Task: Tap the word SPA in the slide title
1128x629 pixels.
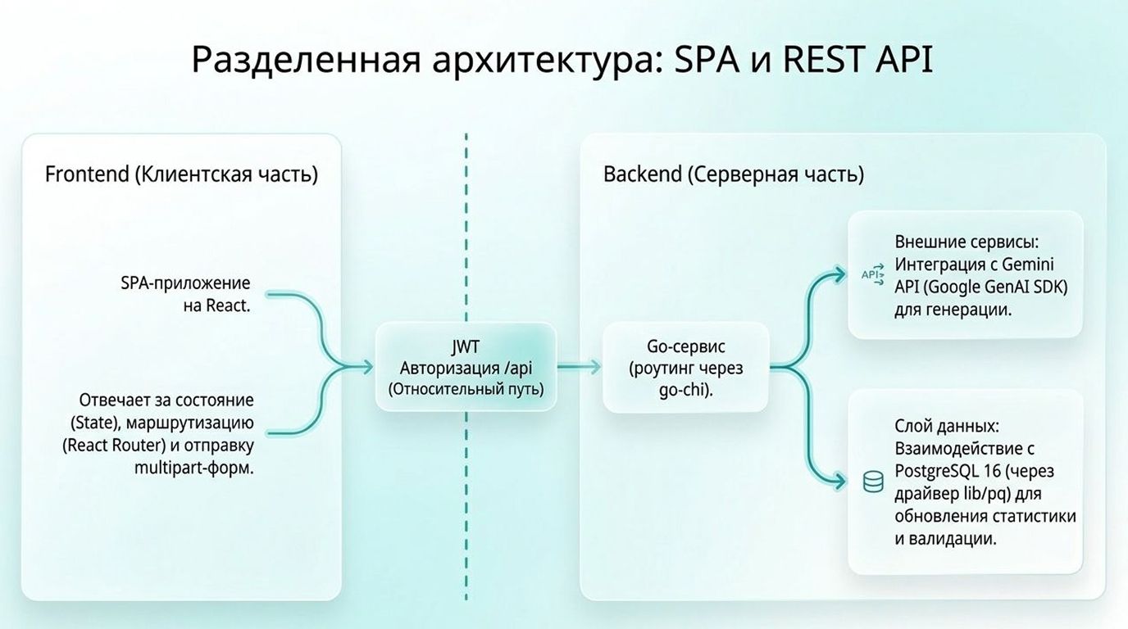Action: click(707, 60)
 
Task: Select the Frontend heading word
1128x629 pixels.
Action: click(87, 174)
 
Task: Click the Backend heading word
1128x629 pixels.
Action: click(643, 174)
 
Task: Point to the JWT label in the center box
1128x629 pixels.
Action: click(466, 346)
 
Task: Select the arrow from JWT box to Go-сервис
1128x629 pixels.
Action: click(579, 368)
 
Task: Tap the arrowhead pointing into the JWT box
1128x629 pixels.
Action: click(366, 368)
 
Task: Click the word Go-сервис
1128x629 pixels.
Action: click(686, 346)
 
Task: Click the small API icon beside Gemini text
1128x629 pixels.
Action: click(873, 274)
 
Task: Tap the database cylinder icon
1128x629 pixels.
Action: click(873, 482)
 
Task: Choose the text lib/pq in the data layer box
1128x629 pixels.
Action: click(987, 494)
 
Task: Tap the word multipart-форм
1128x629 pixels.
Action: click(193, 468)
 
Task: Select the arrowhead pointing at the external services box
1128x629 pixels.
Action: click(838, 274)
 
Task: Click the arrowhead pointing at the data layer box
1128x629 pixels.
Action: click(838, 482)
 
